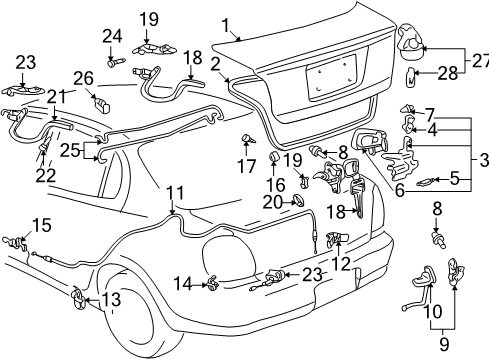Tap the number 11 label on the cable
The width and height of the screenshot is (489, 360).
175,192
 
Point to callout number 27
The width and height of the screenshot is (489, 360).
479,61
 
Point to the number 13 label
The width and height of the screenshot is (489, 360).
112,300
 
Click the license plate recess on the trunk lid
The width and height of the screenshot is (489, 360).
331,79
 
